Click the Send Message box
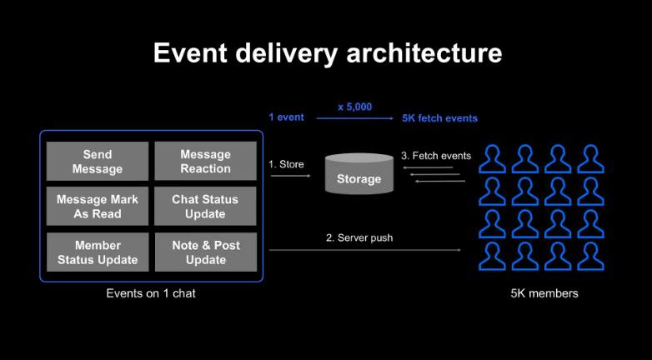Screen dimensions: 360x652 [x=98, y=162]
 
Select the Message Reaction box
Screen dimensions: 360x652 [x=205, y=162]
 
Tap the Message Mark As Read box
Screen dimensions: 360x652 [x=98, y=207]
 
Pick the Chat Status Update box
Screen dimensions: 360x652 [x=205, y=207]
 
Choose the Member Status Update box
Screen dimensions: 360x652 [x=98, y=252]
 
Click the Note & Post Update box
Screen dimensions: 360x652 [x=205, y=252]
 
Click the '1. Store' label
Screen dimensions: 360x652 [x=286, y=164]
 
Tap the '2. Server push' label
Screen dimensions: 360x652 [x=359, y=237]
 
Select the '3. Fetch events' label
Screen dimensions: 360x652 [x=436, y=156]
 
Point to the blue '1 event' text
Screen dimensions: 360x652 [x=286, y=117]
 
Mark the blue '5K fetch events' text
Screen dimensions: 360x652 [x=439, y=118]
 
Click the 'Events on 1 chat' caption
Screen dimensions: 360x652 [x=151, y=293]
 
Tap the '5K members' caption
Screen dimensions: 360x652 [x=544, y=293]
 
